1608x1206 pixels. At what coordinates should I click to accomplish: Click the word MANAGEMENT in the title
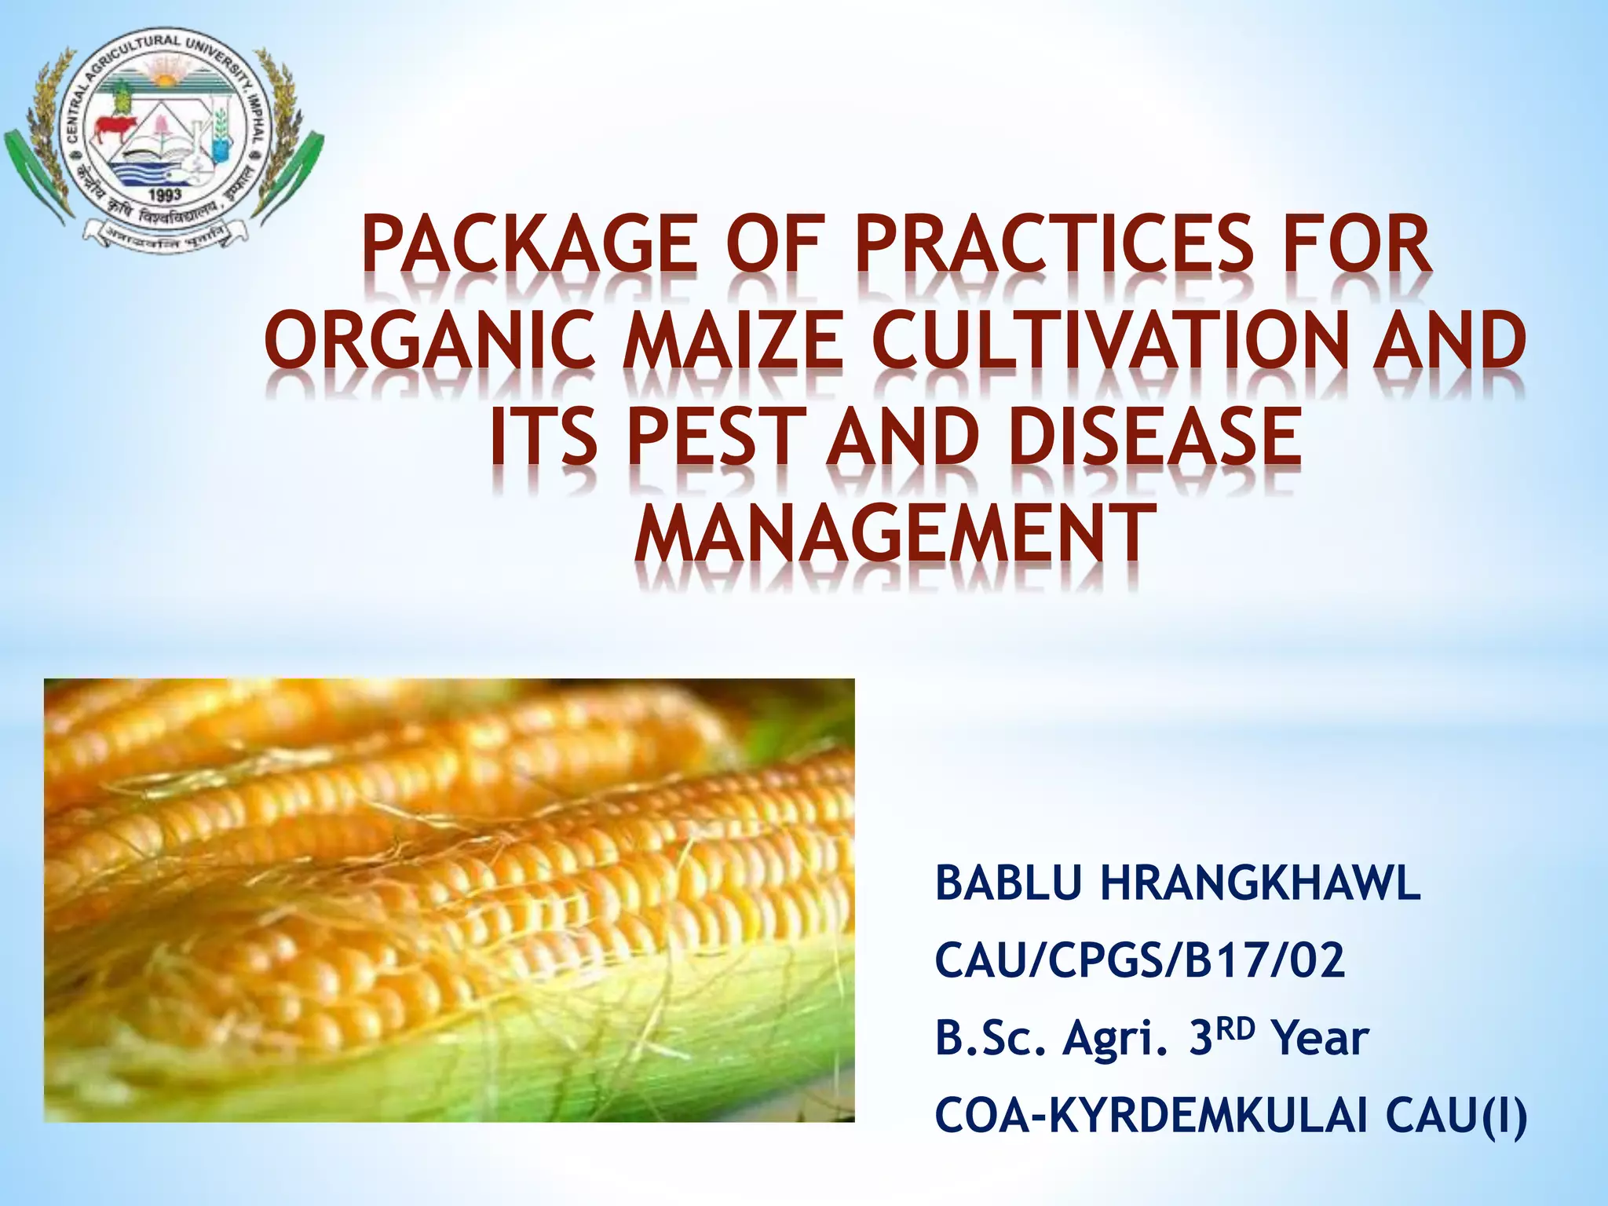tap(895, 533)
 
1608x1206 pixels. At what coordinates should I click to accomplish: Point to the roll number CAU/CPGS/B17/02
tap(1139, 961)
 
